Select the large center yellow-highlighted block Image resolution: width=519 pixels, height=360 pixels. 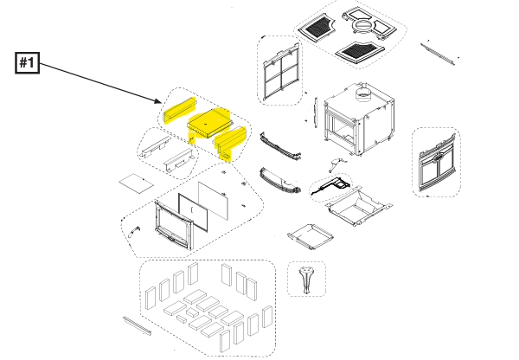[208, 124]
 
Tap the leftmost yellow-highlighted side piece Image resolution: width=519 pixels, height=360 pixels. [178, 112]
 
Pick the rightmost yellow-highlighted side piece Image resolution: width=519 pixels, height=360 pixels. [232, 142]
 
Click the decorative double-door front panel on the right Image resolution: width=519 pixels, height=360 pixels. [436, 162]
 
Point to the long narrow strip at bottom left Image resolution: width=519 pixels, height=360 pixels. [136, 326]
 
